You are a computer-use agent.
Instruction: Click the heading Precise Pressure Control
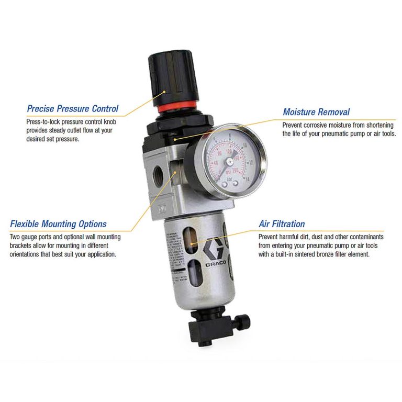[x=73, y=109]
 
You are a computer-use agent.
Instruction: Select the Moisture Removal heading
[x=316, y=112]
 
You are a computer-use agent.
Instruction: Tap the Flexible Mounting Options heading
[x=58, y=224]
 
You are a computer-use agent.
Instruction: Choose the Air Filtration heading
[x=282, y=224]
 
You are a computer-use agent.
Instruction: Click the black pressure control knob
[x=164, y=79]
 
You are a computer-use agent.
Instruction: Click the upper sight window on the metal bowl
[x=194, y=243]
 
